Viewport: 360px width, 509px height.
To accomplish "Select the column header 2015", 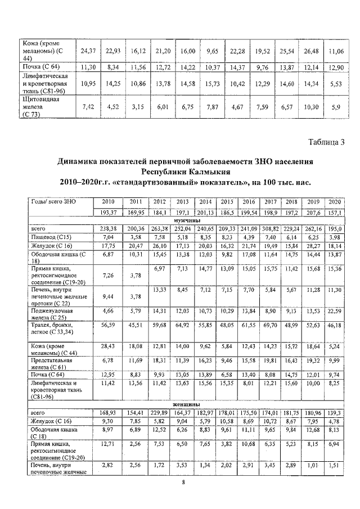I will coord(227,202).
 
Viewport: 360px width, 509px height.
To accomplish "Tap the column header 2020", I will coord(336,202).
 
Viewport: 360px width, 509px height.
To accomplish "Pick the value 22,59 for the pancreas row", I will coord(336,310).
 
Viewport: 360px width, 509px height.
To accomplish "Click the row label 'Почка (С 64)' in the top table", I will coord(37,67).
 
